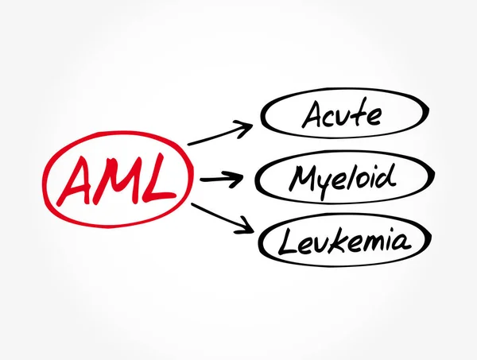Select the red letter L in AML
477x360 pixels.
click(159, 182)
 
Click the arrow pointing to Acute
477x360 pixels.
click(220, 134)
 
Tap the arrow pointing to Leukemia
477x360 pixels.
click(221, 218)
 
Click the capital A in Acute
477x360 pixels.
click(312, 116)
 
